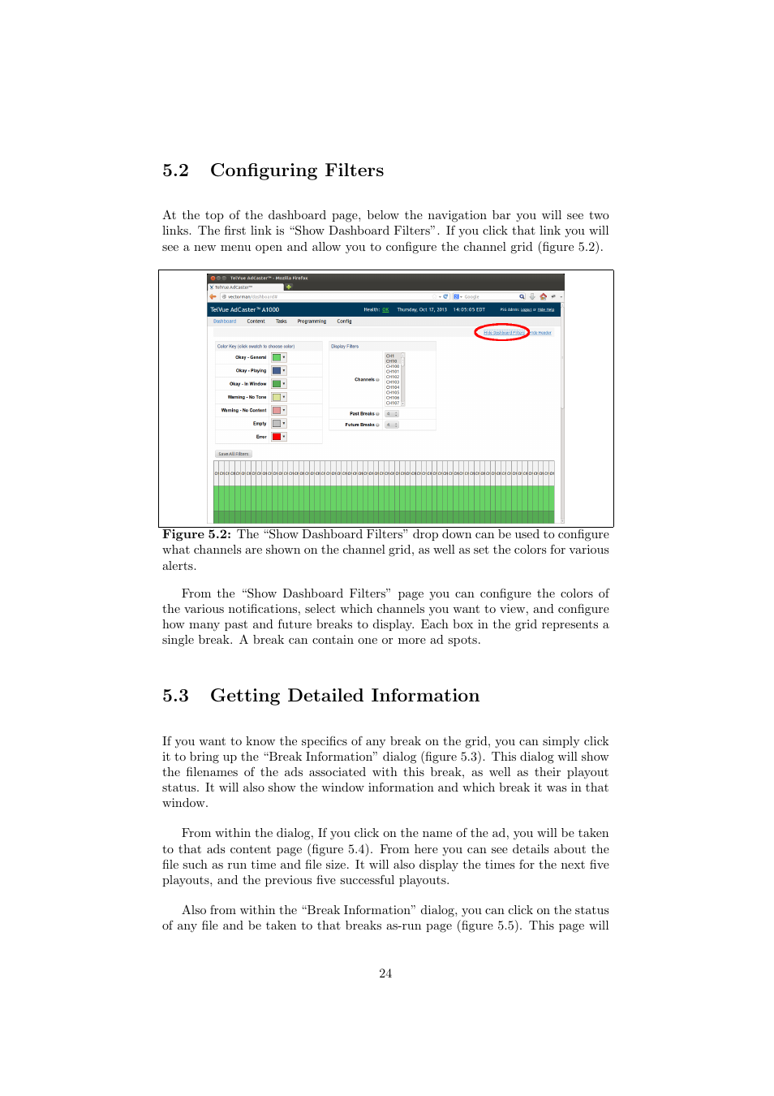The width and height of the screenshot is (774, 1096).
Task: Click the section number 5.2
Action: click(x=175, y=170)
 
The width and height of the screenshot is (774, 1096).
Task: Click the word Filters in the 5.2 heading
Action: click(x=354, y=170)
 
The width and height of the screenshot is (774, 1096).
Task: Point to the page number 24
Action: click(x=385, y=973)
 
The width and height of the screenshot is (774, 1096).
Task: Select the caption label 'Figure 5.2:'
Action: click(x=196, y=534)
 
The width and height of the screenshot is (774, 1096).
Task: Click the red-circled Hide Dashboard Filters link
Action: click(x=503, y=333)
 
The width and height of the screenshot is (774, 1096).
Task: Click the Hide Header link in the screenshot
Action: click(x=542, y=333)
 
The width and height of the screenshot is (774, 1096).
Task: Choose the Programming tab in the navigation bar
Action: click(x=312, y=321)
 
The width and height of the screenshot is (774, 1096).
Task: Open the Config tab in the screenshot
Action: click(x=344, y=321)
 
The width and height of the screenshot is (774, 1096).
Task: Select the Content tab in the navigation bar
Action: click(x=256, y=321)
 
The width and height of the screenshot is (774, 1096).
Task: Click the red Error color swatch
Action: click(x=277, y=437)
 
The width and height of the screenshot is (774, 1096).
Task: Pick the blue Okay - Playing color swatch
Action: click(x=277, y=371)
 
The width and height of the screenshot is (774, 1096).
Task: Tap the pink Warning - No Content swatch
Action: click(x=277, y=411)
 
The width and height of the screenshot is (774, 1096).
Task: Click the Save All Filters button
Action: click(x=234, y=454)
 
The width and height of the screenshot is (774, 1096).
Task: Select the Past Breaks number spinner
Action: click(x=392, y=414)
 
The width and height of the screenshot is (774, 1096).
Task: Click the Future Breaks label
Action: click(x=360, y=425)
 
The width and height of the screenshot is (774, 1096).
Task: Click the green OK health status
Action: click(x=385, y=309)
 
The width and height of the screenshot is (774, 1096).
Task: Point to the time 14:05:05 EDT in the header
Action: click(x=469, y=309)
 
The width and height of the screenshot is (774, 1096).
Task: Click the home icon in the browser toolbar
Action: click(x=543, y=296)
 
